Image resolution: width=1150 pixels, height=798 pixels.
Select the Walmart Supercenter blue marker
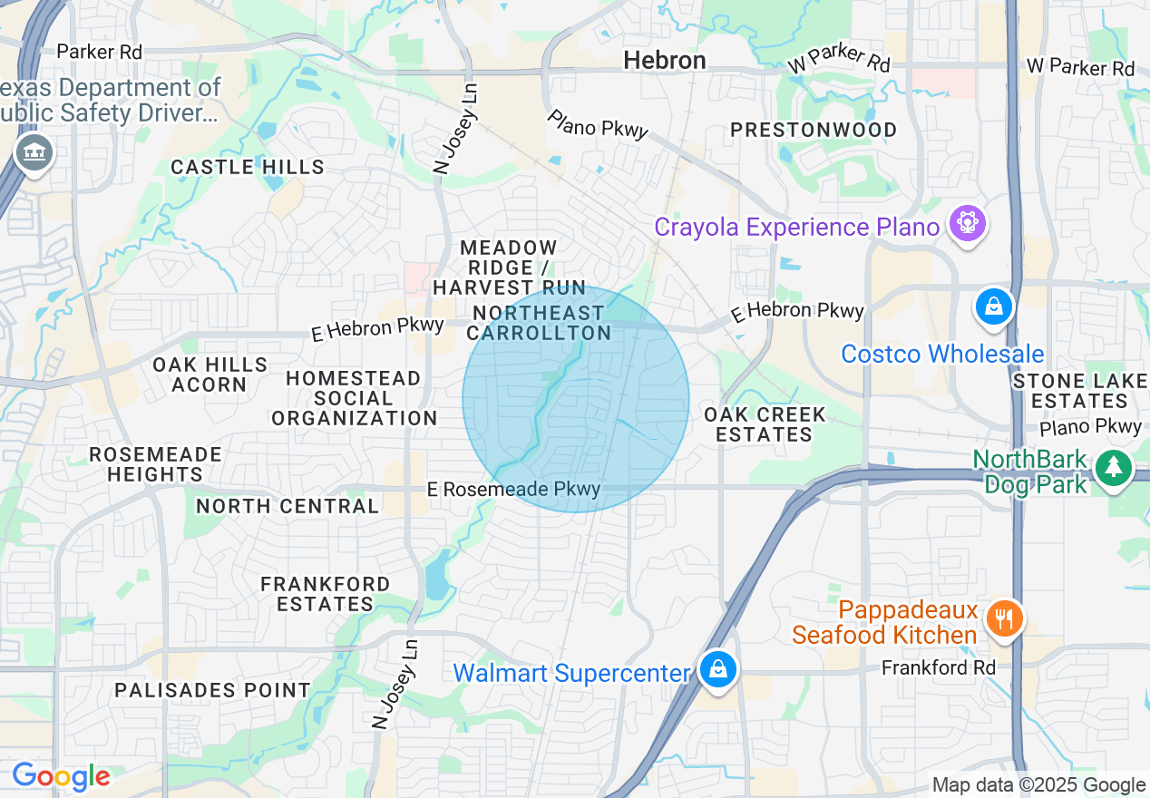click(x=718, y=670)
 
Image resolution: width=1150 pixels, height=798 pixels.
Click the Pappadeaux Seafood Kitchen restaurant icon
click(x=1003, y=620)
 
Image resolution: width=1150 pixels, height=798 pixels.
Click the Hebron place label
click(x=665, y=61)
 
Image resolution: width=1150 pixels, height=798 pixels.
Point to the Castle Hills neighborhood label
click(x=248, y=167)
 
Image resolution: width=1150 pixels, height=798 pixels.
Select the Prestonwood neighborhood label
click(x=814, y=130)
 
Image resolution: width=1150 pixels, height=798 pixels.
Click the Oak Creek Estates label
click(x=765, y=424)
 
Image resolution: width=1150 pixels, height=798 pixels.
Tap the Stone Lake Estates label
click(x=1079, y=391)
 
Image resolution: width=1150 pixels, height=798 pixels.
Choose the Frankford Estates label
click(x=325, y=594)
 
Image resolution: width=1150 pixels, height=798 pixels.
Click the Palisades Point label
click(x=213, y=690)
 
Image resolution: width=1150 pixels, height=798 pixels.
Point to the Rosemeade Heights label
click(x=155, y=463)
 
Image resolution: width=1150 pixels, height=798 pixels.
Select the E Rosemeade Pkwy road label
click(x=514, y=490)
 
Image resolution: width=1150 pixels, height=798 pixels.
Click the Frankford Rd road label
click(x=939, y=668)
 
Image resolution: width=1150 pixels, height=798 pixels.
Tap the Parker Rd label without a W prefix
click(x=100, y=52)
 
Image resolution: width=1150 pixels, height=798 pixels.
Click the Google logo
click(x=61, y=777)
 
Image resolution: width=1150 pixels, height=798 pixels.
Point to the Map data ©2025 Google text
click(x=1038, y=785)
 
